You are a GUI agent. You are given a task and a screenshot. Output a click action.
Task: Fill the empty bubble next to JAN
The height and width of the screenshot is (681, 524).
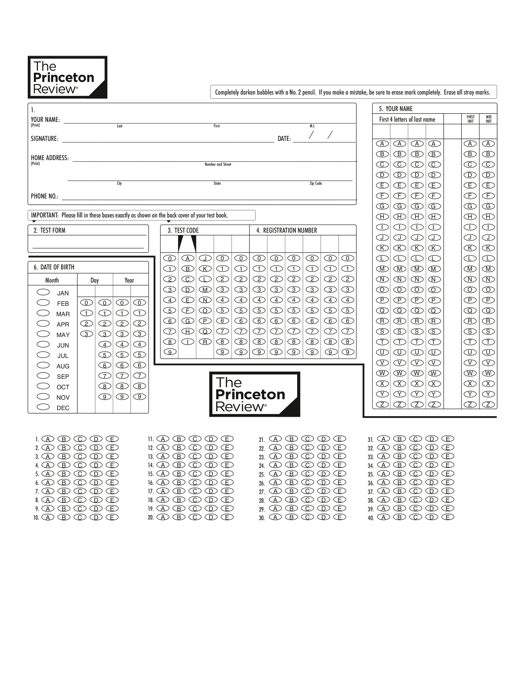coord(43,292)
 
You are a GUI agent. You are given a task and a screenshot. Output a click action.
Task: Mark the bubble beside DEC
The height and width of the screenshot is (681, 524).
coord(43,407)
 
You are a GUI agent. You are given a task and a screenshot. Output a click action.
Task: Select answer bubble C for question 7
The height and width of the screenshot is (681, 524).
coord(80,491)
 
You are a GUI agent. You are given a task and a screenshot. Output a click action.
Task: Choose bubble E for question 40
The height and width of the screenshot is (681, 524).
coord(448,517)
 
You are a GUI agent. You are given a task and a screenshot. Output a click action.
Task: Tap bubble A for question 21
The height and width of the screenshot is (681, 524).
coord(275,439)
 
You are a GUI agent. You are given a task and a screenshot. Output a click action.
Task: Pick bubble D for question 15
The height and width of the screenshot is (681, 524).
coord(211,474)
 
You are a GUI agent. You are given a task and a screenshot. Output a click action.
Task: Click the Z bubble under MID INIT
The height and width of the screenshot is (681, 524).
coord(488,404)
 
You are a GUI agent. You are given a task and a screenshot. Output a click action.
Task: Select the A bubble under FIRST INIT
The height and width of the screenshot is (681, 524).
coord(470,144)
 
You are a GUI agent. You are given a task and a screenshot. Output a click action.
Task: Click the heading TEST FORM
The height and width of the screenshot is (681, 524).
coord(53,230)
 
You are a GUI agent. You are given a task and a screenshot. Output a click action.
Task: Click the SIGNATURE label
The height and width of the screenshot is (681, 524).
coord(44,139)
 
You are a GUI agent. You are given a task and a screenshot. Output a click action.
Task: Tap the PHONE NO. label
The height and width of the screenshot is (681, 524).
coord(44,196)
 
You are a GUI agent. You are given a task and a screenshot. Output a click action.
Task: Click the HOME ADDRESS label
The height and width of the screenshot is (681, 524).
coord(50,158)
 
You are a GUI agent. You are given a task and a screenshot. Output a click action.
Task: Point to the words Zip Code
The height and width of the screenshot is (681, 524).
coord(316,183)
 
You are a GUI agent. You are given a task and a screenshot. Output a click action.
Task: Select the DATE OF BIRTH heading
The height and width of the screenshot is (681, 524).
coord(57,267)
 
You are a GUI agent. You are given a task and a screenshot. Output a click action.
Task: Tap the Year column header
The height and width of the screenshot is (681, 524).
coord(129,280)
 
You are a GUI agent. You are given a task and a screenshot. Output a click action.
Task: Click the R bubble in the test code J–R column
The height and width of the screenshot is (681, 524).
coord(205,342)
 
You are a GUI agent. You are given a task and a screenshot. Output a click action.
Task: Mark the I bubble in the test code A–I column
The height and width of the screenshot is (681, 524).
coord(188,342)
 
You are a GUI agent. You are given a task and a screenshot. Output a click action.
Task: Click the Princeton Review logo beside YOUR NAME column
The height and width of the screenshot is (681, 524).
coord(254,394)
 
